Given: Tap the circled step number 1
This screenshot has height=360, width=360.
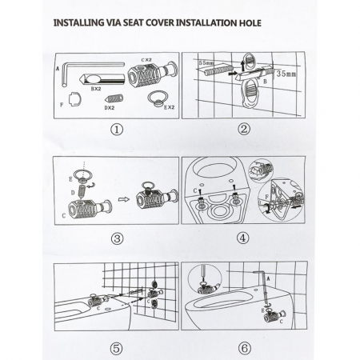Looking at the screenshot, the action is (x=117, y=130).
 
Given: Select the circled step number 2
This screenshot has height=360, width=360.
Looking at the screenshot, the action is (x=244, y=129).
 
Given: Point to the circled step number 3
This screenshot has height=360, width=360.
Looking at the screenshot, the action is (x=117, y=238).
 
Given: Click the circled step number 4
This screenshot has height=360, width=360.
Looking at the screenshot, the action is (x=242, y=238).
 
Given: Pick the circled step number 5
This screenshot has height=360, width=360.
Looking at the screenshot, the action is (x=117, y=348).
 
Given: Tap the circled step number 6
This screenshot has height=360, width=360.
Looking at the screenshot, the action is (x=244, y=348).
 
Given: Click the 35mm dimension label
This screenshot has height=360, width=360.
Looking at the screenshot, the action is (x=286, y=74).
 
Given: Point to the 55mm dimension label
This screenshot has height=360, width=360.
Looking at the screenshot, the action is (x=206, y=63).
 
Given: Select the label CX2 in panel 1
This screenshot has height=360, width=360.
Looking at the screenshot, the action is (x=146, y=60).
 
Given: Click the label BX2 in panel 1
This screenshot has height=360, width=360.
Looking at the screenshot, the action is (x=96, y=89).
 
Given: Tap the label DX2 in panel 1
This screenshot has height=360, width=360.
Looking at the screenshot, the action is (x=110, y=108).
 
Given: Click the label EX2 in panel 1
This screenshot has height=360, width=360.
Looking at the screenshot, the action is (x=169, y=107).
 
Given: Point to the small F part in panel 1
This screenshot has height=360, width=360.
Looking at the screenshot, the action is (x=75, y=100).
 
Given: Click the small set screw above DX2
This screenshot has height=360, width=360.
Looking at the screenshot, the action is (x=114, y=99).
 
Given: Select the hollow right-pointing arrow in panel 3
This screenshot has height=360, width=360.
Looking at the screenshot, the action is (x=123, y=199).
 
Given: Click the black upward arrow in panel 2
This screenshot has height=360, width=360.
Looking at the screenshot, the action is (x=242, y=66).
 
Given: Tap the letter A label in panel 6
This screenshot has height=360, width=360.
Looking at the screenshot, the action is (x=269, y=278).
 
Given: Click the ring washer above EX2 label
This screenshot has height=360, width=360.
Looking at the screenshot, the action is (x=158, y=98).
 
